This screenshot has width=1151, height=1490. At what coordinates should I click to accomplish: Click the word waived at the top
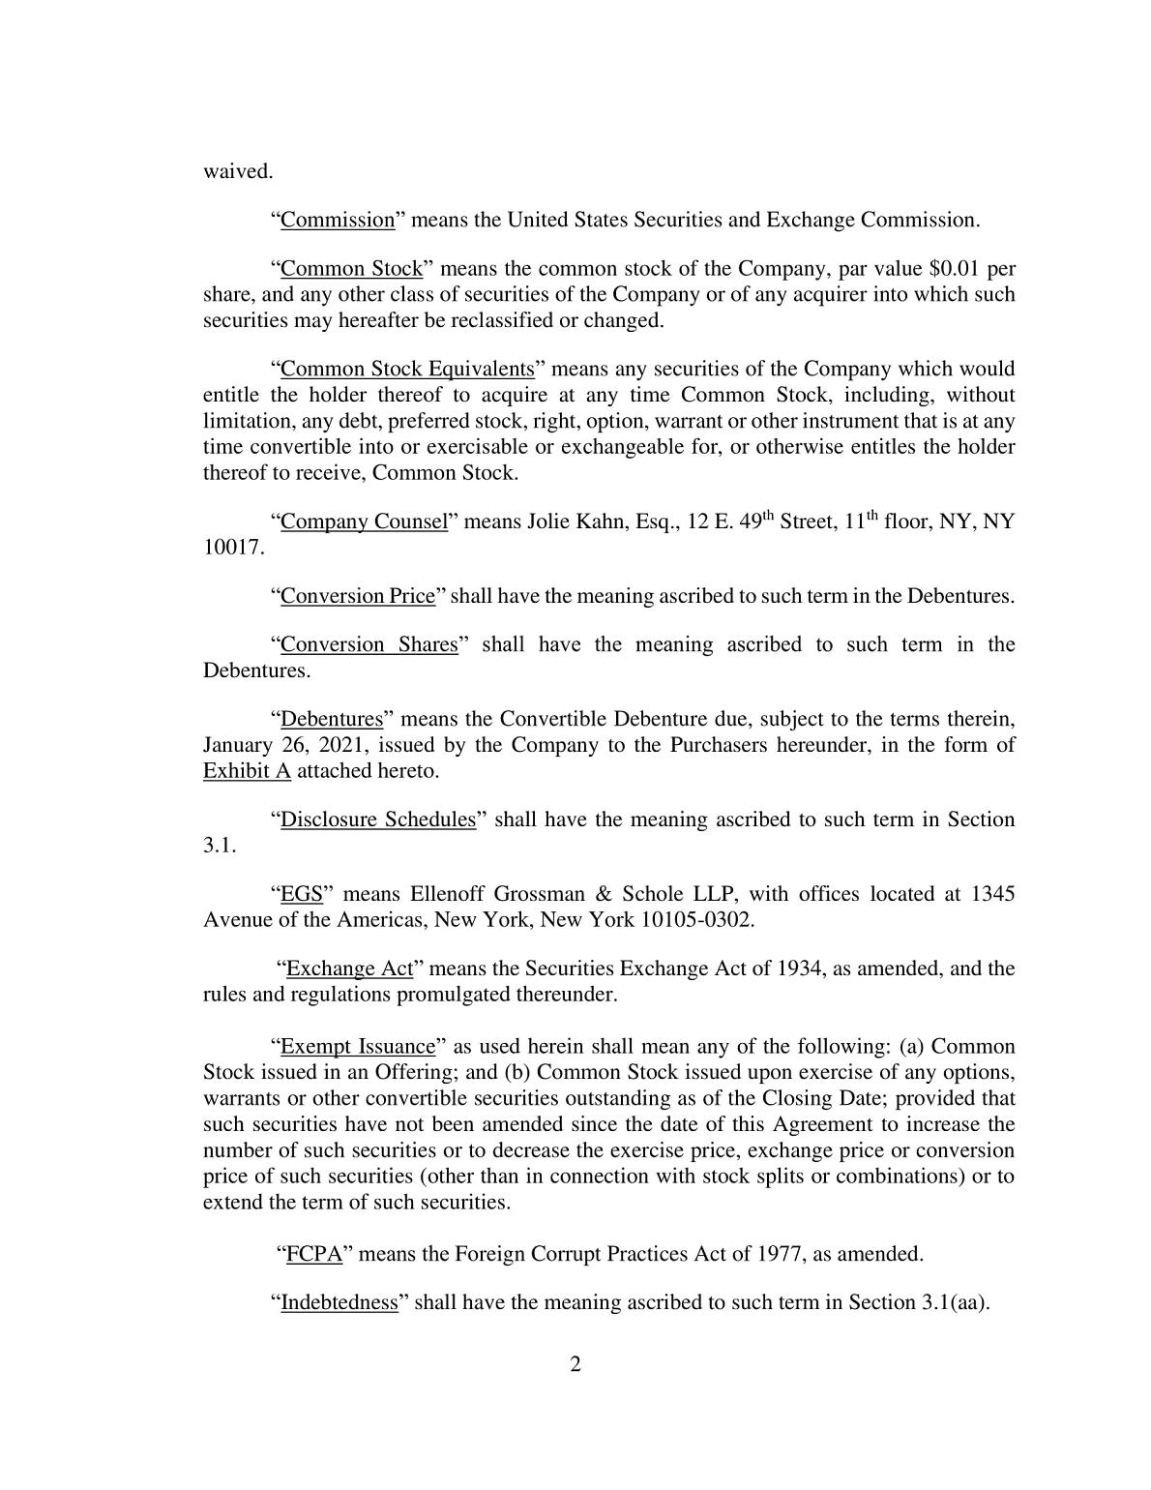coord(238,171)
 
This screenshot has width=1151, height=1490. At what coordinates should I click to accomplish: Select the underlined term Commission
coord(338,220)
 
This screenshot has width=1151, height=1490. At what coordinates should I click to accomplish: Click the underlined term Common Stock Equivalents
coord(407,369)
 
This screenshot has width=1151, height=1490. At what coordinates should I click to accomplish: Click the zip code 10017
coord(232,548)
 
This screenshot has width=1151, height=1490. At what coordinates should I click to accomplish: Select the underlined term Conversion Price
coord(358,596)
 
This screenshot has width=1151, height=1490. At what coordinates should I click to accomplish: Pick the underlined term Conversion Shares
coord(369,644)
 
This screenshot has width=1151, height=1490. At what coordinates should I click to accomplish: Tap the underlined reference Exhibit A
coord(247,771)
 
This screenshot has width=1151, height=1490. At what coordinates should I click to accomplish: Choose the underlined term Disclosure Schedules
coord(378,819)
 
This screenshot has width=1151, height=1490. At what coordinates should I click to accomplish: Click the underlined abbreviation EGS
coord(301,894)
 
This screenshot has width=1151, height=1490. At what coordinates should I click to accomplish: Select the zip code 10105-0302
coord(696,919)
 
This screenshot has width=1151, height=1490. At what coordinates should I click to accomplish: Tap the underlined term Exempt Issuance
coord(358,1046)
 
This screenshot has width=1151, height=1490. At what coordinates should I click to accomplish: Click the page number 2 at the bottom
coord(575,1365)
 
